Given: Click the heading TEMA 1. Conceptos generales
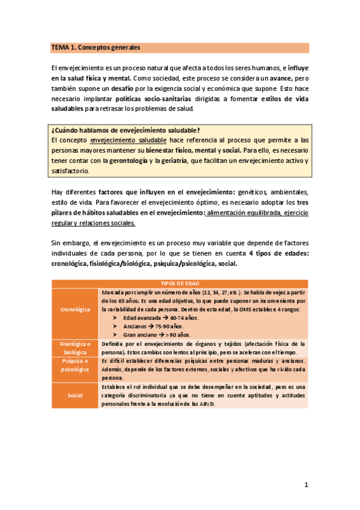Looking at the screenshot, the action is point(95,46).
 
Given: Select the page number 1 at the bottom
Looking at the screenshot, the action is point(306,484).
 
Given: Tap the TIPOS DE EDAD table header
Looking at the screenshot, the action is point(180,283).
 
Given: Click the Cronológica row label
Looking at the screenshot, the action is point(76,309).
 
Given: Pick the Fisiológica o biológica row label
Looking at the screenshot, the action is point(76,348).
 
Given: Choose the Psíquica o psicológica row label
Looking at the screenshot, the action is point(76,365).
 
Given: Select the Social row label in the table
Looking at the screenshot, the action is point(76,395).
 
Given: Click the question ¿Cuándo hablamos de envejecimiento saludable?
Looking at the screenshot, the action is point(126,131).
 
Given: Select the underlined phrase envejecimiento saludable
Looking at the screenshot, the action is point(132,140).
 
